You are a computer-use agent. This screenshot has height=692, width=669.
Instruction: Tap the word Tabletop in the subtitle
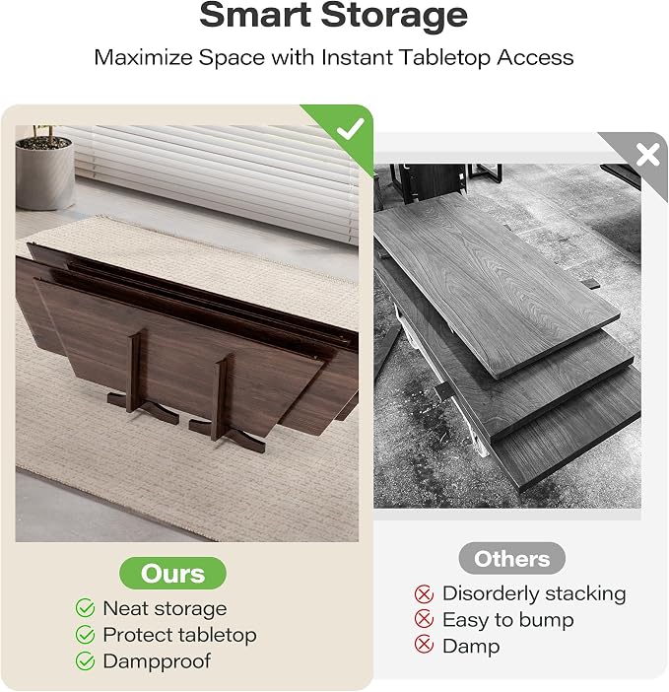[445, 58]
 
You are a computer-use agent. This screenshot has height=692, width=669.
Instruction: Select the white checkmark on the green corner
[350, 128]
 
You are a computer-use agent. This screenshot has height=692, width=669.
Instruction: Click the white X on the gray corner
[647, 155]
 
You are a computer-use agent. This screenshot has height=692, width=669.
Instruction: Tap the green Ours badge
[172, 574]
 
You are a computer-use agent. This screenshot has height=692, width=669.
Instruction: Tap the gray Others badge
[511, 559]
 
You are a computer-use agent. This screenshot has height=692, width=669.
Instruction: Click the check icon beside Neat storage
[85, 608]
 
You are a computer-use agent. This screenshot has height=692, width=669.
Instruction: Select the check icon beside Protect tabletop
[85, 635]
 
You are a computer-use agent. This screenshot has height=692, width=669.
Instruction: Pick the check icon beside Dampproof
[85, 661]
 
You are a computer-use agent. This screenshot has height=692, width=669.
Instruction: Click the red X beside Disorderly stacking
[424, 593]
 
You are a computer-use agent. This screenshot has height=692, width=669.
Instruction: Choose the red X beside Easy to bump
[424, 619]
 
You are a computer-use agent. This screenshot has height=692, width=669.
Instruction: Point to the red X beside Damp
[424, 645]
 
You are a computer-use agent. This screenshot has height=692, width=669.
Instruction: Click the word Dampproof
[157, 661]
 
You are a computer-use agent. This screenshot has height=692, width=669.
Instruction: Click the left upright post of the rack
[135, 371]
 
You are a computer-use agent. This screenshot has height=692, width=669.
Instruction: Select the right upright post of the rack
[222, 396]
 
